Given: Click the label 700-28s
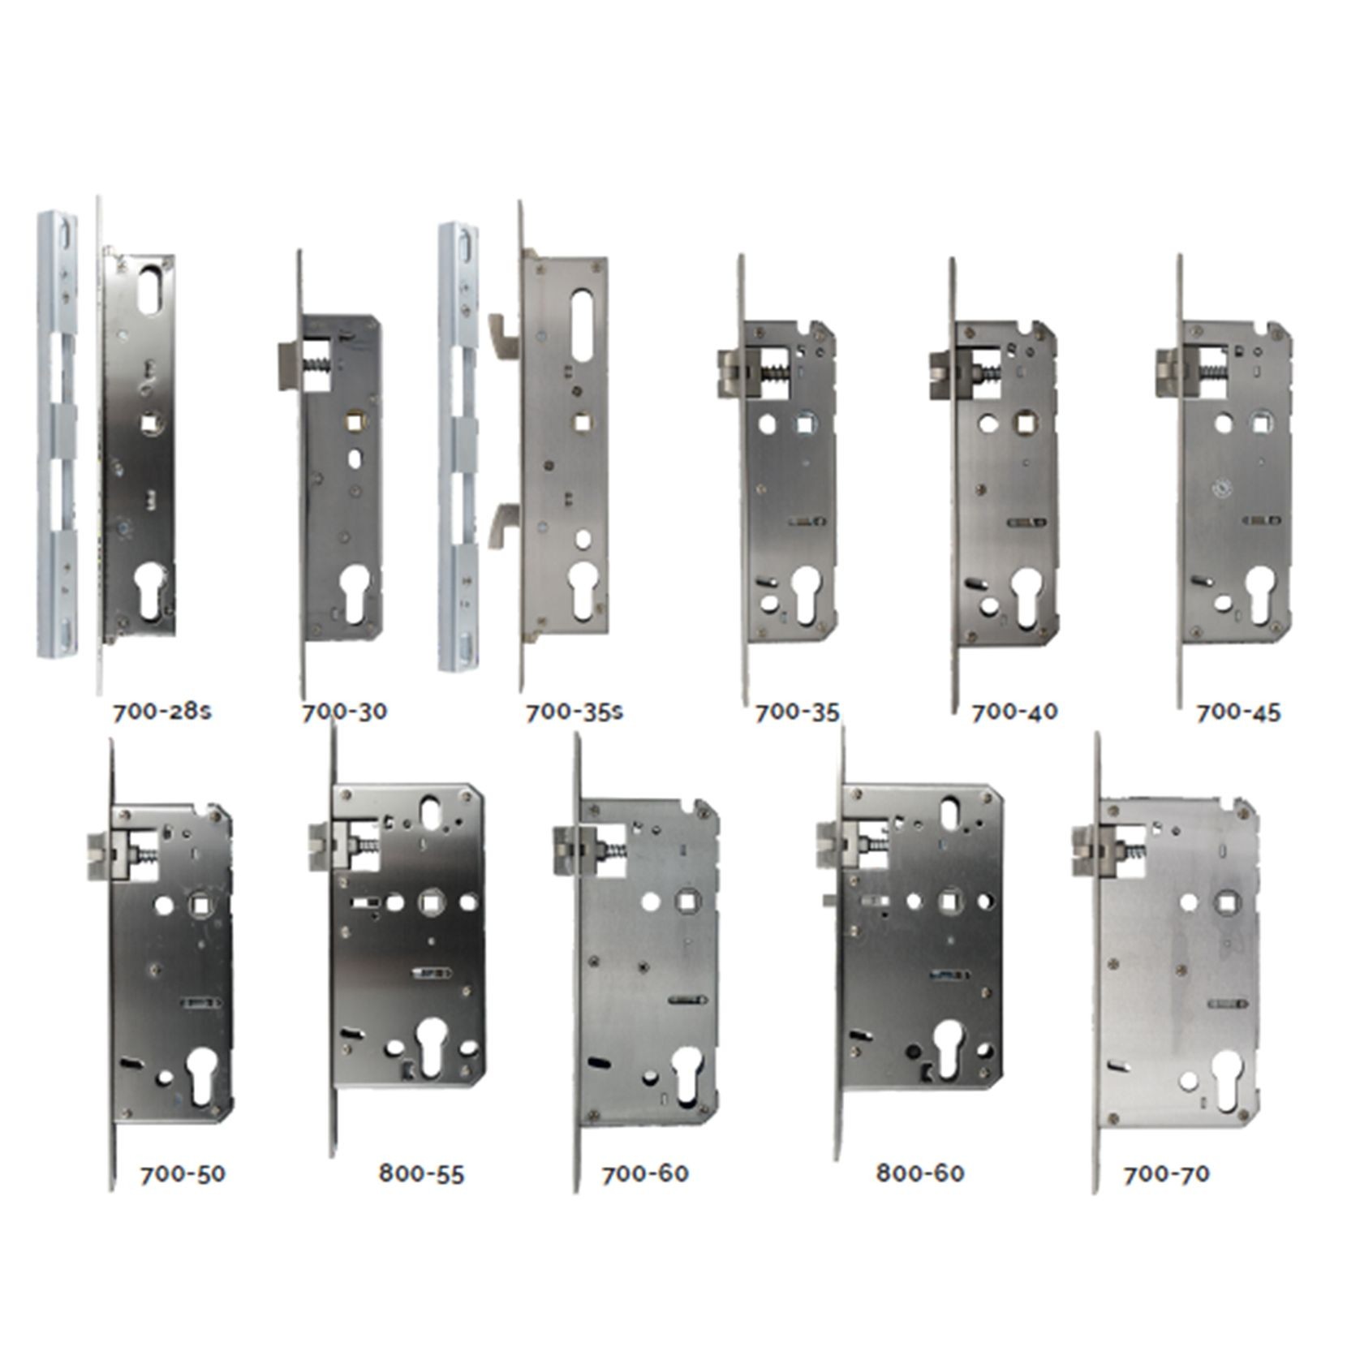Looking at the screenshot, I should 162,712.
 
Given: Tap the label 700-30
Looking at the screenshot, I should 344,712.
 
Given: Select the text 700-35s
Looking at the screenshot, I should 575,712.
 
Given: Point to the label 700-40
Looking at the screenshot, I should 1014,712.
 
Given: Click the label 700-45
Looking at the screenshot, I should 1238,712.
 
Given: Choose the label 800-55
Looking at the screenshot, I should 421,1174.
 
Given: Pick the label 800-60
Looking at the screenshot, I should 920,1173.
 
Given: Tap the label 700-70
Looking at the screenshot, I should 1166,1174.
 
